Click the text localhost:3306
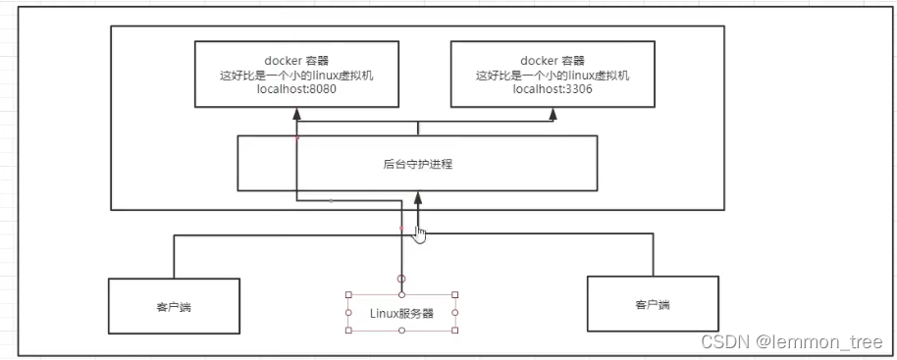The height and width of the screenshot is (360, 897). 551,89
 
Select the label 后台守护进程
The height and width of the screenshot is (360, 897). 418,164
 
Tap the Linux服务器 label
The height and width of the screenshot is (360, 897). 402,313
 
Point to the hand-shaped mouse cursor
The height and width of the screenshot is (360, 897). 419,233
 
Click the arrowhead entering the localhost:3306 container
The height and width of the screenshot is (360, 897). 553,114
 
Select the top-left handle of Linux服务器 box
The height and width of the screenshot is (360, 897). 348,294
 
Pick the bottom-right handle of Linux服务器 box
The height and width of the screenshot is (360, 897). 455,331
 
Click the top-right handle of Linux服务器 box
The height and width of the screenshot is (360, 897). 455,294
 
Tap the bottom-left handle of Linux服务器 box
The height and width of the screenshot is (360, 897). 348,331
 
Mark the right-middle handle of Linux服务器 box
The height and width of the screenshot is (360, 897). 455,313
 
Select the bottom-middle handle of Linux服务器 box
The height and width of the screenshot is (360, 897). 401,331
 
